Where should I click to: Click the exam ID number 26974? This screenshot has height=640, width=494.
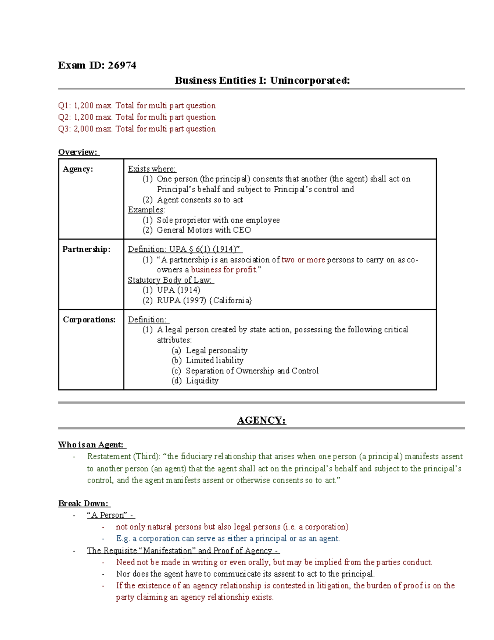[122, 65]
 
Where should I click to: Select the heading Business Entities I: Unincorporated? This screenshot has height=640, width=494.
[262, 80]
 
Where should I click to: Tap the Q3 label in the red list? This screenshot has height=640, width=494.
[64, 129]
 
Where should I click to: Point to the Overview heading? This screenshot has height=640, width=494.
[78, 152]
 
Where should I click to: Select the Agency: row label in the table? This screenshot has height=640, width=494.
[77, 169]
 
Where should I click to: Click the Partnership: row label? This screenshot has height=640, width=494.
[86, 249]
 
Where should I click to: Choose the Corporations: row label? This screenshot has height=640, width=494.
[89, 320]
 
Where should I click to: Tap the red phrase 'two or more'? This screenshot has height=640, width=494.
[303, 260]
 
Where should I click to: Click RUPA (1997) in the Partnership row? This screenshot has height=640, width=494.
[181, 300]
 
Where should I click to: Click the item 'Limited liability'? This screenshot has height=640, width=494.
[214, 360]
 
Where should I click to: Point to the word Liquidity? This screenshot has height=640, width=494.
[202, 380]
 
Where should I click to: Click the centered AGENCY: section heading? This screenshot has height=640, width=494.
[261, 420]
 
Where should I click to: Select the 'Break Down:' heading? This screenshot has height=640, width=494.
[84, 504]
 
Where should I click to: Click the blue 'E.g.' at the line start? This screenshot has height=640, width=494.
[123, 538]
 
